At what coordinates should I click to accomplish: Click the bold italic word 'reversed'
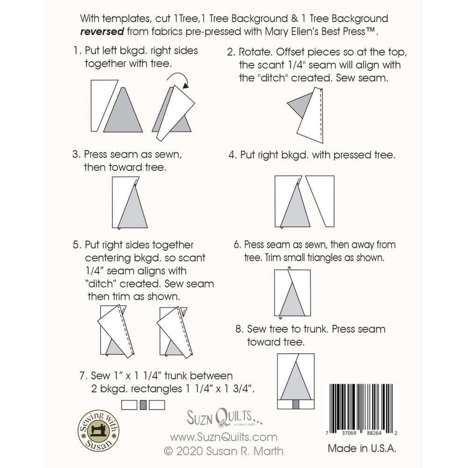coord(102,32)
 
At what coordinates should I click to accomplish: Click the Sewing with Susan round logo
coord(98,431)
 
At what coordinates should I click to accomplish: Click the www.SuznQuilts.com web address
coord(224,437)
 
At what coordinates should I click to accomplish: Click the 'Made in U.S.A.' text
coord(362,448)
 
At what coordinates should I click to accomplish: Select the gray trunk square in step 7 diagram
coord(143,405)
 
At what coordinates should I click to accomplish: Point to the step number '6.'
coord(237,245)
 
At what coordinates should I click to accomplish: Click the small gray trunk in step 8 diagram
coord(296,404)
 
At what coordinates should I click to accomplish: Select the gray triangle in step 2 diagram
coord(299,105)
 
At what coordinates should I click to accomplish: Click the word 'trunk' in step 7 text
coord(175,376)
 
